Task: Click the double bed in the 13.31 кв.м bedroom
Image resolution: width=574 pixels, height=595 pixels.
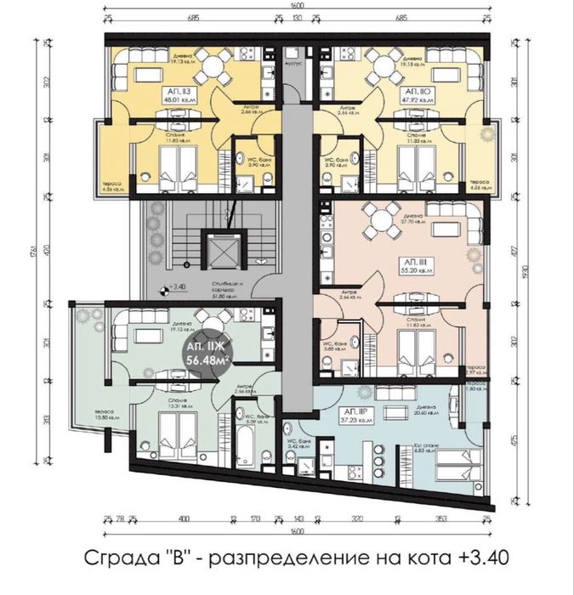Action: tap(175, 435)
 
